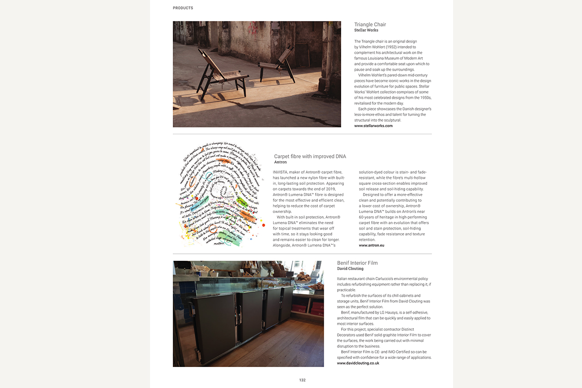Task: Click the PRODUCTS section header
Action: pyautogui.click(x=183, y=8)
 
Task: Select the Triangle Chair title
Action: pyautogui.click(x=370, y=25)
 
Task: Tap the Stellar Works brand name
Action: pyautogui.click(x=366, y=30)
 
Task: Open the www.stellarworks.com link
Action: pyautogui.click(x=373, y=126)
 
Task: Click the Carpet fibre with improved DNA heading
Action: pyautogui.click(x=310, y=156)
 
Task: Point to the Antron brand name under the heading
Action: pyautogui.click(x=280, y=162)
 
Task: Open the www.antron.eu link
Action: pyautogui.click(x=371, y=245)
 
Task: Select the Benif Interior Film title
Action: pyautogui.click(x=357, y=263)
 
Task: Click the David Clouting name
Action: pyautogui.click(x=350, y=269)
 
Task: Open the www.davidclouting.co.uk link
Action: pyautogui.click(x=358, y=363)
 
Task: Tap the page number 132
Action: pyautogui.click(x=302, y=380)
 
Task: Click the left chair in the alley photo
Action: pyautogui.click(x=219, y=74)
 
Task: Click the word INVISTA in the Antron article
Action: pyautogui.click(x=281, y=172)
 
